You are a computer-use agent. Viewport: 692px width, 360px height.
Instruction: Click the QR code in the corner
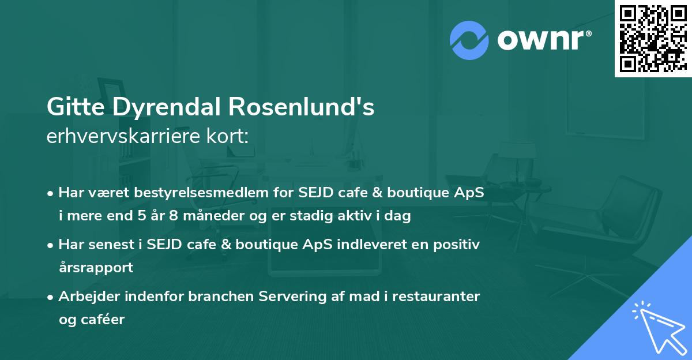pyautogui.click(x=653, y=38)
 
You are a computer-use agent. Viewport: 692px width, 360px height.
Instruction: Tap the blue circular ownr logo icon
pyautogui.click(x=469, y=40)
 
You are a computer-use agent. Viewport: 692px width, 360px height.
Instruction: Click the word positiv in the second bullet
pyautogui.click(x=456, y=245)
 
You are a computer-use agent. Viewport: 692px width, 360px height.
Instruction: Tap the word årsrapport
pyautogui.click(x=96, y=268)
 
